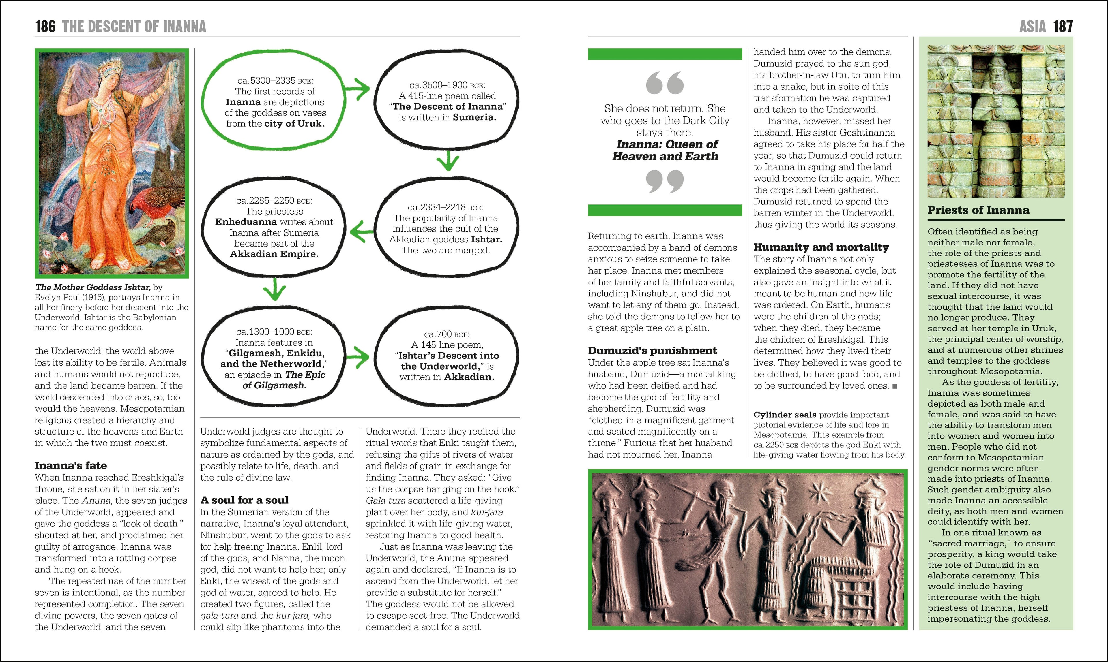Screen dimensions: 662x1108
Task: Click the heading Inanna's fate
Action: coord(70,465)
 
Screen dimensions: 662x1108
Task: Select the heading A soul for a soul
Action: coord(244,500)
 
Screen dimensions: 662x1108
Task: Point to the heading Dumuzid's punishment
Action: coord(652,350)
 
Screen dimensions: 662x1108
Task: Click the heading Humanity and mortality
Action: coord(821,247)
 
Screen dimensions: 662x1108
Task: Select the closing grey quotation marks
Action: coord(664,181)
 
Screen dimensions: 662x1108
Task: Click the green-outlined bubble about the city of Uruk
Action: coord(274,102)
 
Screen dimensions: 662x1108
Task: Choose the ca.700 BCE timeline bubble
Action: coord(446,356)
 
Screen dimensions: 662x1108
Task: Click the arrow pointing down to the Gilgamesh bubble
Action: coord(274,289)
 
